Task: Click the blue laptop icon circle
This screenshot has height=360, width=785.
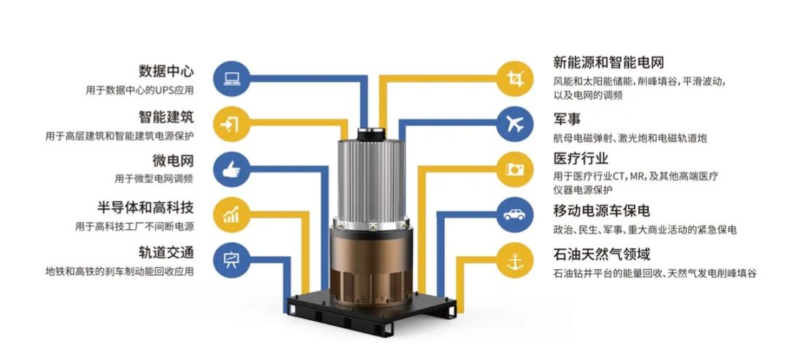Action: (x=232, y=78)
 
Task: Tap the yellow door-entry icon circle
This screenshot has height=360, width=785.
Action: (x=232, y=123)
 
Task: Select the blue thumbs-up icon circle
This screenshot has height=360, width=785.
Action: (x=232, y=169)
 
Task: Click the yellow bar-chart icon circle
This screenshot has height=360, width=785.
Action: (x=232, y=215)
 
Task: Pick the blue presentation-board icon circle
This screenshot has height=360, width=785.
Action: (x=232, y=260)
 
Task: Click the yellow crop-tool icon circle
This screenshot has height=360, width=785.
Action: (x=515, y=78)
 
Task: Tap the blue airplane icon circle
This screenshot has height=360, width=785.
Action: (x=515, y=123)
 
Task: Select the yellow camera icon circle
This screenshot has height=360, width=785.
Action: (x=515, y=169)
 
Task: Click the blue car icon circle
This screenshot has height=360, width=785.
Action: (x=515, y=215)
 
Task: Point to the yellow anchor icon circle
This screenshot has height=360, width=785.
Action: (x=515, y=260)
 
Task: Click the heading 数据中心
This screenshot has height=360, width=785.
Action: (x=166, y=71)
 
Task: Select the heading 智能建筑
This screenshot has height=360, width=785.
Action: (x=166, y=117)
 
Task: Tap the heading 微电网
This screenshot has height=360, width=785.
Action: (x=173, y=161)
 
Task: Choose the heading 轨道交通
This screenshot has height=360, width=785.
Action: (x=166, y=252)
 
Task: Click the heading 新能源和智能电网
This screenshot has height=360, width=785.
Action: (x=608, y=63)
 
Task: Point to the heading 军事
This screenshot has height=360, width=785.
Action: (x=567, y=120)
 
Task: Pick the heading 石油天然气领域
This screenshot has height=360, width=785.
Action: (x=601, y=254)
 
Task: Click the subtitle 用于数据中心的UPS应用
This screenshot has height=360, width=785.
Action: (x=139, y=91)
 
